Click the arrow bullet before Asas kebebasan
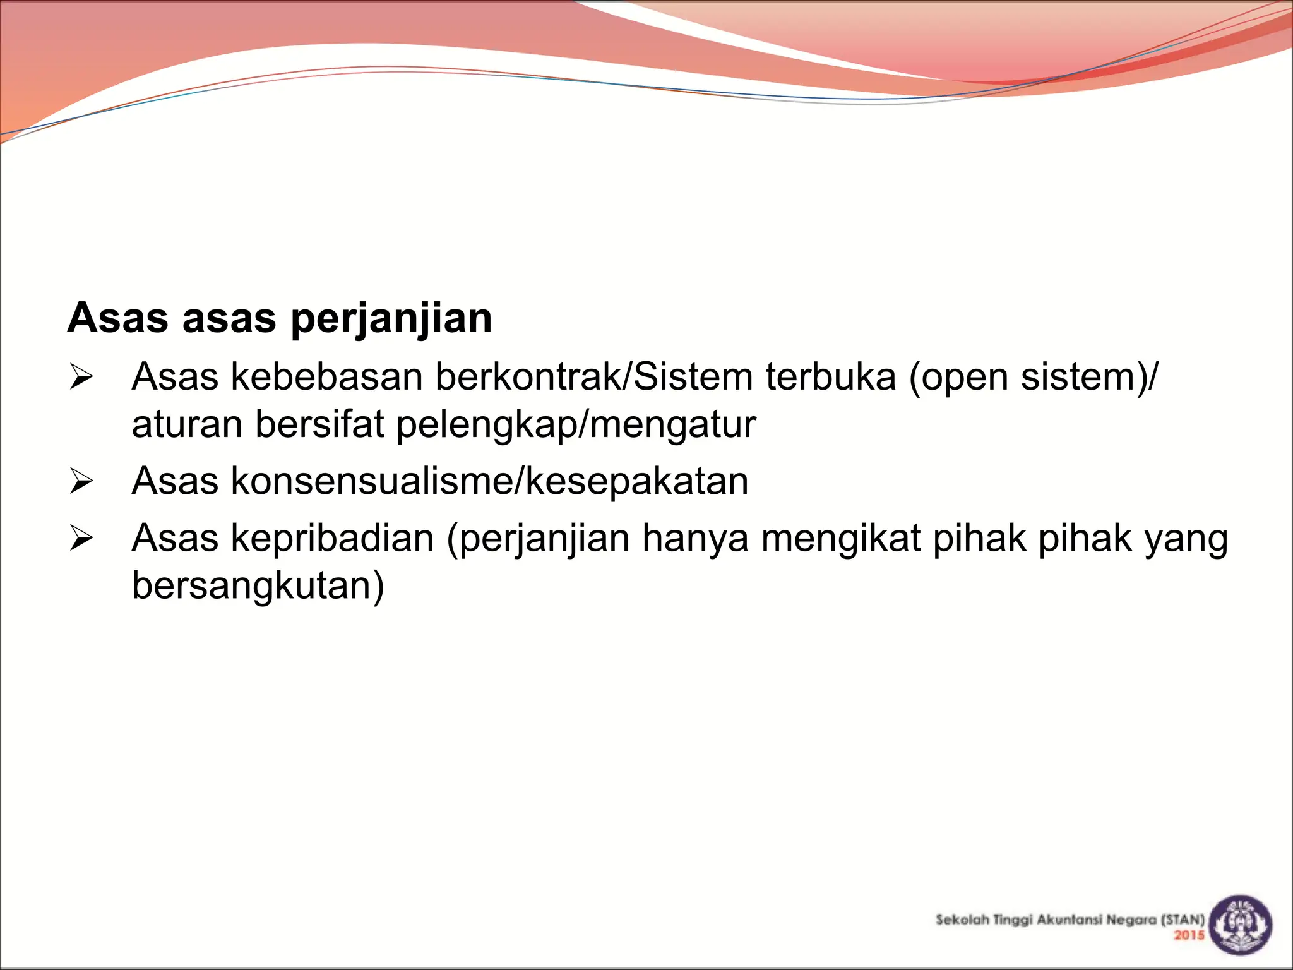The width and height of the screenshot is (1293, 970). (81, 378)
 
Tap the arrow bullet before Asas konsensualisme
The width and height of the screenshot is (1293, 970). (81, 482)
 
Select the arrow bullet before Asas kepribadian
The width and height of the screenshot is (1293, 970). (81, 539)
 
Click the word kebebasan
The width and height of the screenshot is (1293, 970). (326, 377)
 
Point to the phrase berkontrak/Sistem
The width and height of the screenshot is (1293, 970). (593, 377)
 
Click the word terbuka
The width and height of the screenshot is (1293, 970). (831, 377)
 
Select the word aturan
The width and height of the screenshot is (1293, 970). (187, 424)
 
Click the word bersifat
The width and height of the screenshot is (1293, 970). (319, 424)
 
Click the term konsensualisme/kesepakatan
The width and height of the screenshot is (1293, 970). (490, 482)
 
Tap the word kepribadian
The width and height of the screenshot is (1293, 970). (333, 539)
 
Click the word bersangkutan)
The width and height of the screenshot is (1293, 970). (258, 586)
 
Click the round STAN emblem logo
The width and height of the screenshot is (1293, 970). (1240, 925)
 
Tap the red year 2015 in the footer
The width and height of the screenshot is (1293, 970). (1189, 935)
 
